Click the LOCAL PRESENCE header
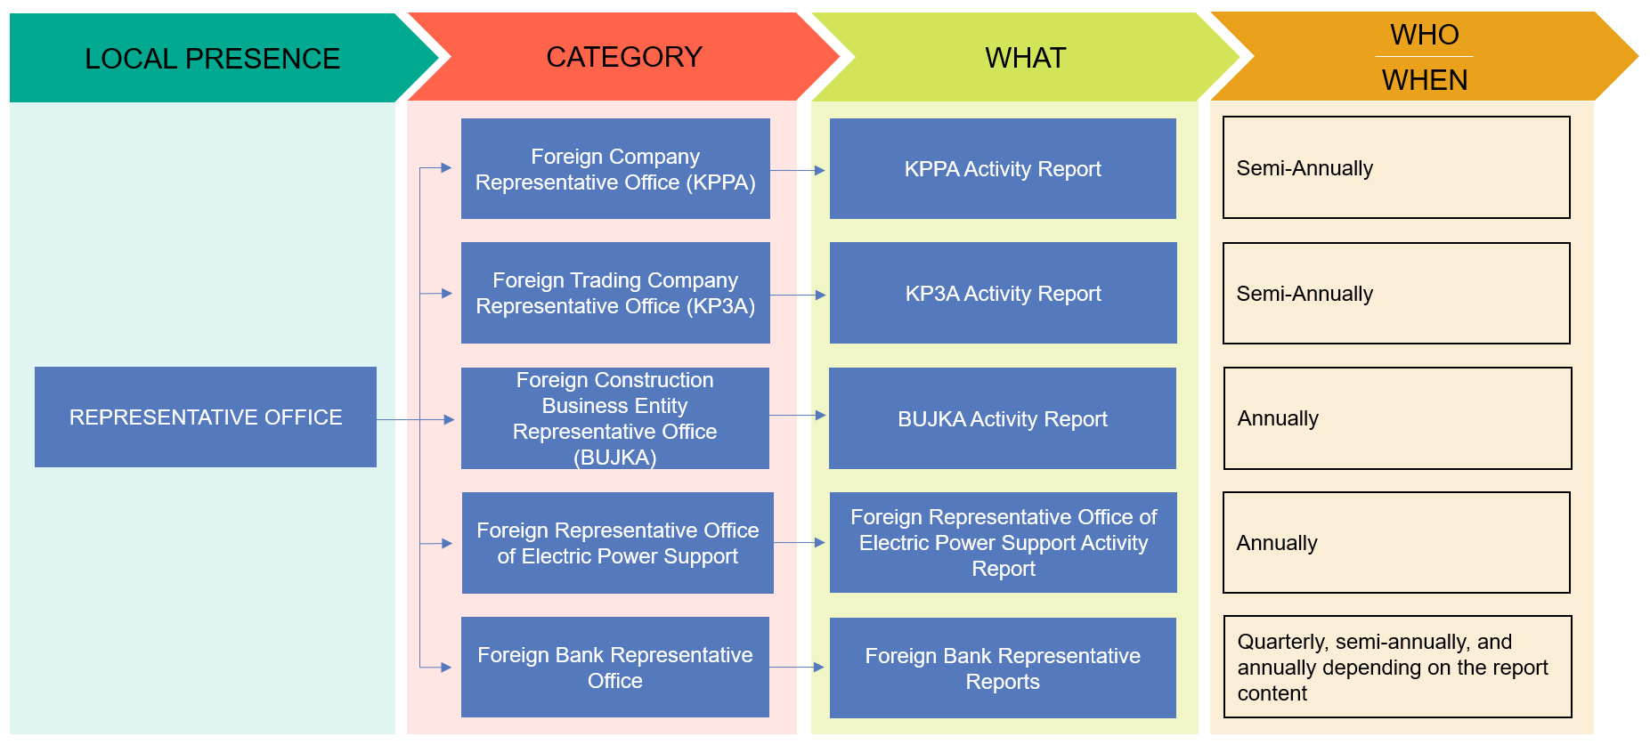pyautogui.click(x=212, y=59)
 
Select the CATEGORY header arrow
pyautogui.click(x=623, y=57)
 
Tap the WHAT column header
pyautogui.click(x=1025, y=58)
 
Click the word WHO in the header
pyautogui.click(x=1424, y=35)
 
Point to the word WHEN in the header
pyautogui.click(x=1424, y=80)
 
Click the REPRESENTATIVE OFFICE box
pyautogui.click(x=206, y=417)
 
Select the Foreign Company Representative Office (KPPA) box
pyautogui.click(x=615, y=169)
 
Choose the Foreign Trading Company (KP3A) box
pyautogui.click(x=615, y=293)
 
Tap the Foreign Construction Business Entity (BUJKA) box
pyautogui.click(x=615, y=418)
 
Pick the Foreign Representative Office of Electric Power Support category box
pyautogui.click(x=617, y=543)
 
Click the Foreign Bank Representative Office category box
pyautogui.click(x=615, y=668)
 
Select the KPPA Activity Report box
pyautogui.click(x=1003, y=169)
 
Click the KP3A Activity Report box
pyautogui.click(x=1003, y=293)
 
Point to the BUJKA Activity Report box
pyautogui.click(x=1003, y=418)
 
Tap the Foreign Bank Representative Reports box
pyautogui.click(x=1003, y=668)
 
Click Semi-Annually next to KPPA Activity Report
pyautogui.click(x=1305, y=168)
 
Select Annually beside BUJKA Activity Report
pyautogui.click(x=1278, y=418)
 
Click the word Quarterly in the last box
pyautogui.click(x=1280, y=642)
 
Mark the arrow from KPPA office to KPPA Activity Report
pyautogui.click(x=799, y=170)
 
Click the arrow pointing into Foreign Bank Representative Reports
pyautogui.click(x=798, y=667)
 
